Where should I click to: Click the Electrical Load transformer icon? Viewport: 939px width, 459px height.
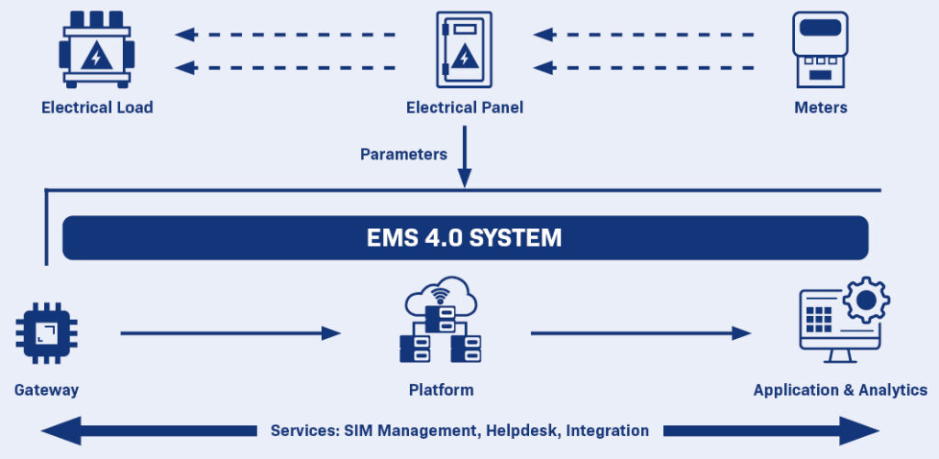point(96,50)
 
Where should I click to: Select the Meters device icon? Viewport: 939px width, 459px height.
point(821,50)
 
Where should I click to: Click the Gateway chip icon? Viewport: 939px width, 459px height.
point(46,333)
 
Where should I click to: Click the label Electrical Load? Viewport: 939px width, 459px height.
point(97,107)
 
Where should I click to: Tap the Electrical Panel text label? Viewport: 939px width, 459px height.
point(465,107)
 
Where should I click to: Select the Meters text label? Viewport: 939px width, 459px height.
point(821,107)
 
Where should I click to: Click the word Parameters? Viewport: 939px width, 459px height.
point(403,154)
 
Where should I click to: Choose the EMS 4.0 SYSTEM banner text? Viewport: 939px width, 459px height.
point(464,238)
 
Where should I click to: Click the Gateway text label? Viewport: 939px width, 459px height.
point(47,389)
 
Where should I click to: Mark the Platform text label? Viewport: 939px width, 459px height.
point(441,389)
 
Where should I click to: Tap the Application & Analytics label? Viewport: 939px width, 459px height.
point(840,389)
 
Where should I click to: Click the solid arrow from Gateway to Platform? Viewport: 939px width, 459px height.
point(229,333)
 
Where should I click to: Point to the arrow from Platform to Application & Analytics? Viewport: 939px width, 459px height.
point(640,333)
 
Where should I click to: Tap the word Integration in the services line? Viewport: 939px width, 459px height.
point(608,431)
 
